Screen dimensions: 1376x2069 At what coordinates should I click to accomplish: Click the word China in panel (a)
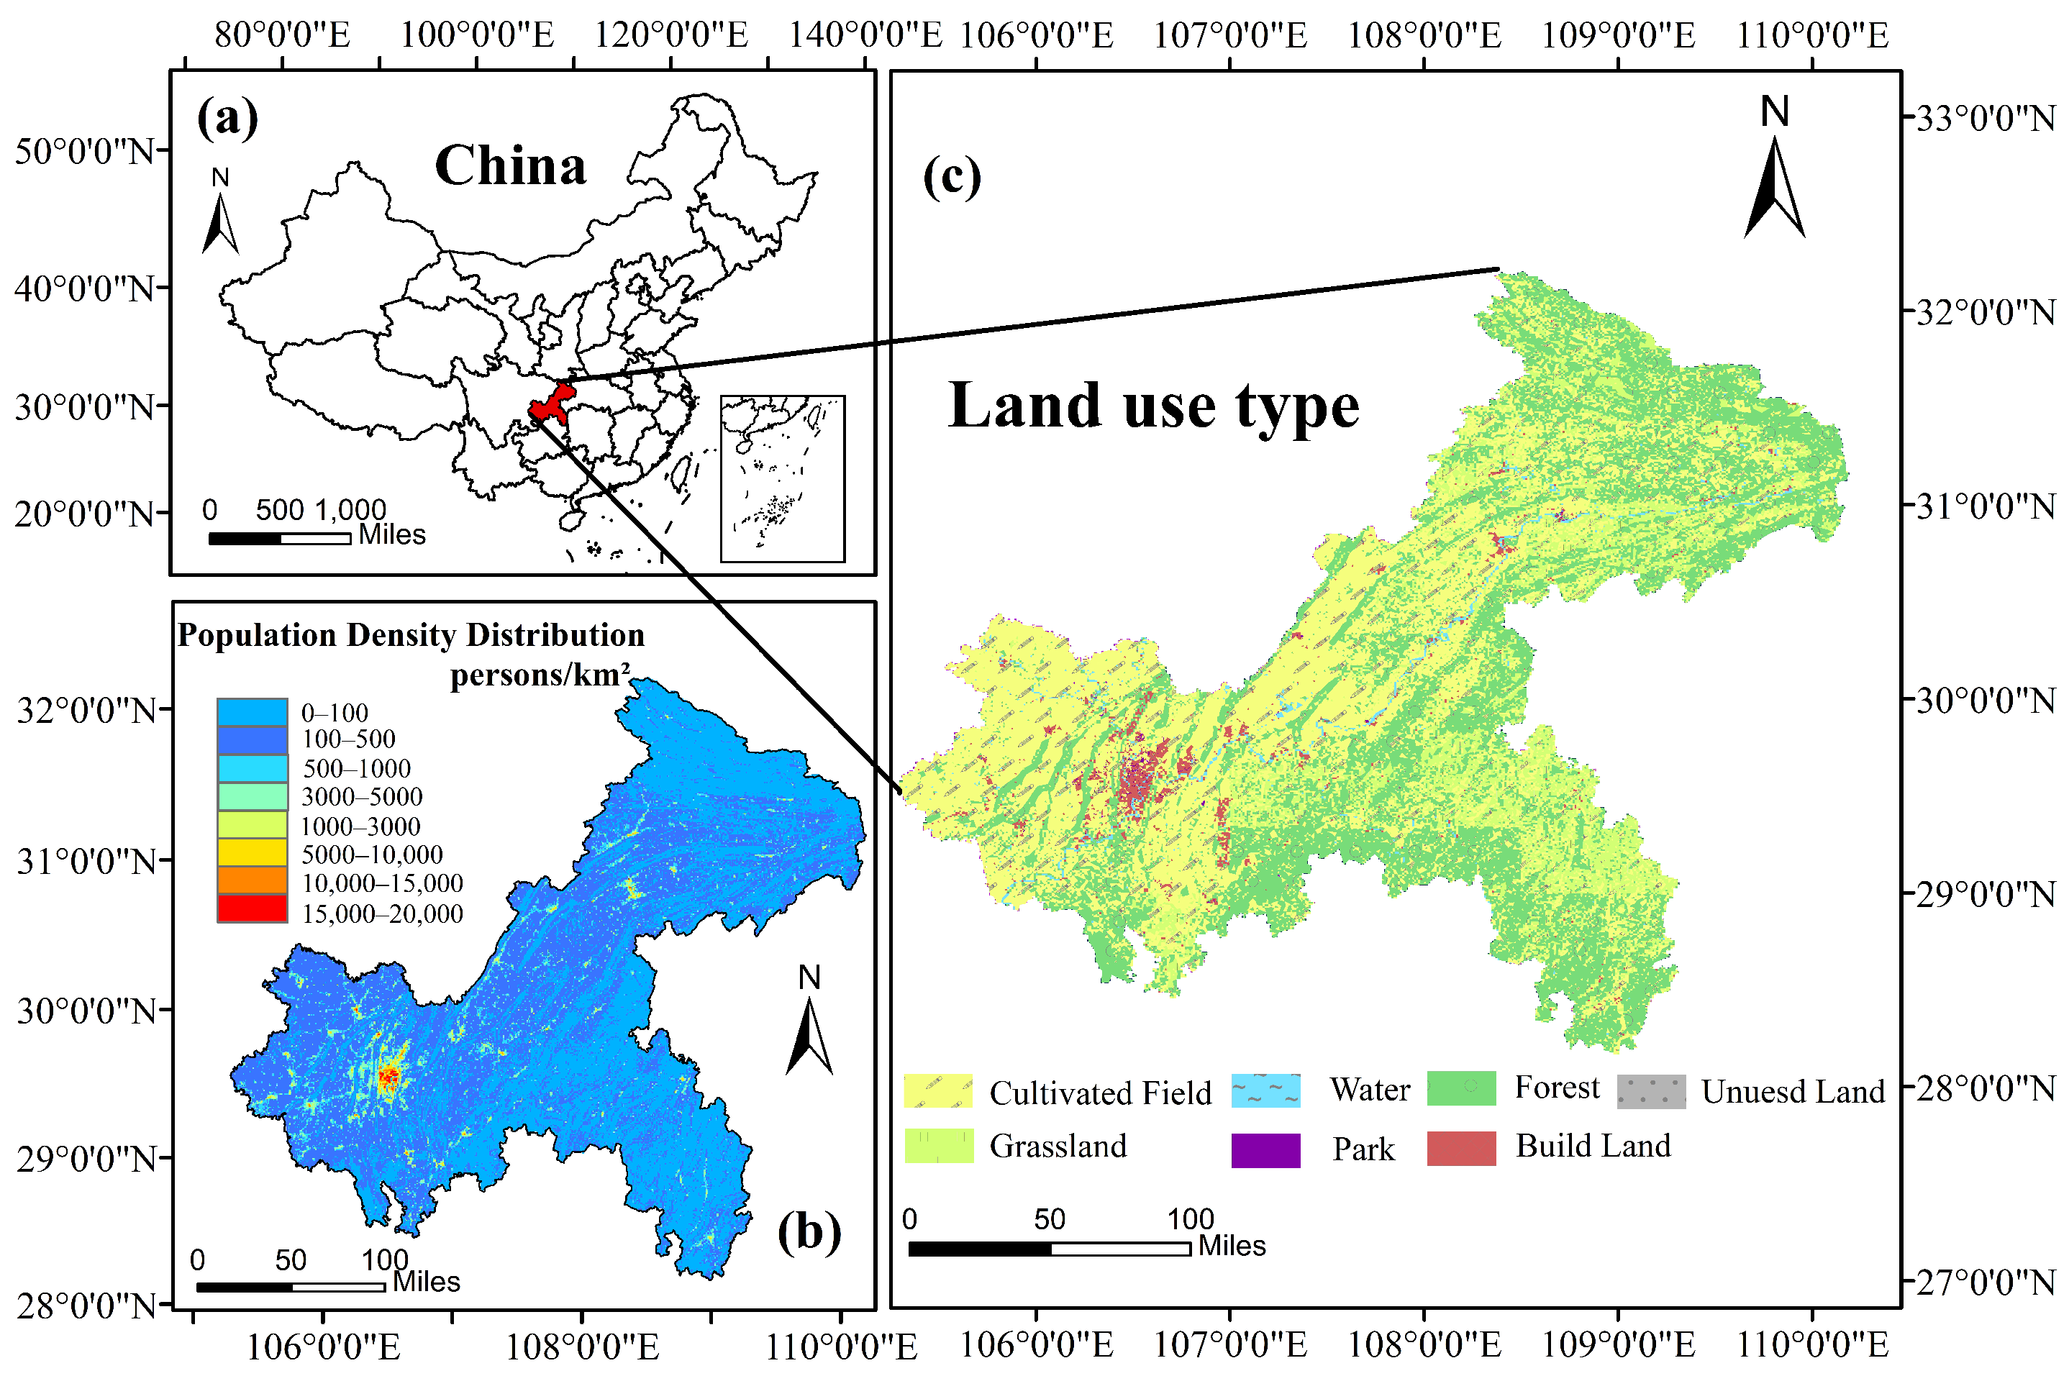pos(510,166)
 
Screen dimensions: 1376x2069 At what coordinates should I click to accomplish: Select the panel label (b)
pos(808,1232)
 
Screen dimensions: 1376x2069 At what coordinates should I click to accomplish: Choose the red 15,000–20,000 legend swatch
pos(252,908)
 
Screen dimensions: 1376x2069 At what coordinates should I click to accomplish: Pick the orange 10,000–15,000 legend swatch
pos(252,880)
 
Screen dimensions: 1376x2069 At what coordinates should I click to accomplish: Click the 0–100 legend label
pos(335,713)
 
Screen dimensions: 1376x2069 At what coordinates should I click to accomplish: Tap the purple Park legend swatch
pos(1265,1149)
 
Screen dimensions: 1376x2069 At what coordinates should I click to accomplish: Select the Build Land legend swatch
pos(1460,1148)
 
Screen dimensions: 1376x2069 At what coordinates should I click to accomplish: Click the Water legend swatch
pos(1265,1090)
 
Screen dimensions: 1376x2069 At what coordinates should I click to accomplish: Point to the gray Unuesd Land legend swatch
pos(1650,1090)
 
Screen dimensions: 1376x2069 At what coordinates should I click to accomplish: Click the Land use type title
pos(1153,406)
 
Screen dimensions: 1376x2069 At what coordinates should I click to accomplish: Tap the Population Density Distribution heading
pos(411,634)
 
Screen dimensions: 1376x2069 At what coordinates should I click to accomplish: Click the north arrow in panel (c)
pos(1773,176)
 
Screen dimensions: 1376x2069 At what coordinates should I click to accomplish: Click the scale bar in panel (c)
pos(1049,1247)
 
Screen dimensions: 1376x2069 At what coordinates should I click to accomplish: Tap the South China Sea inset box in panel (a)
pos(782,478)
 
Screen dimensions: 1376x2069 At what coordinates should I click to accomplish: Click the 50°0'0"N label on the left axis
pos(84,151)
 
